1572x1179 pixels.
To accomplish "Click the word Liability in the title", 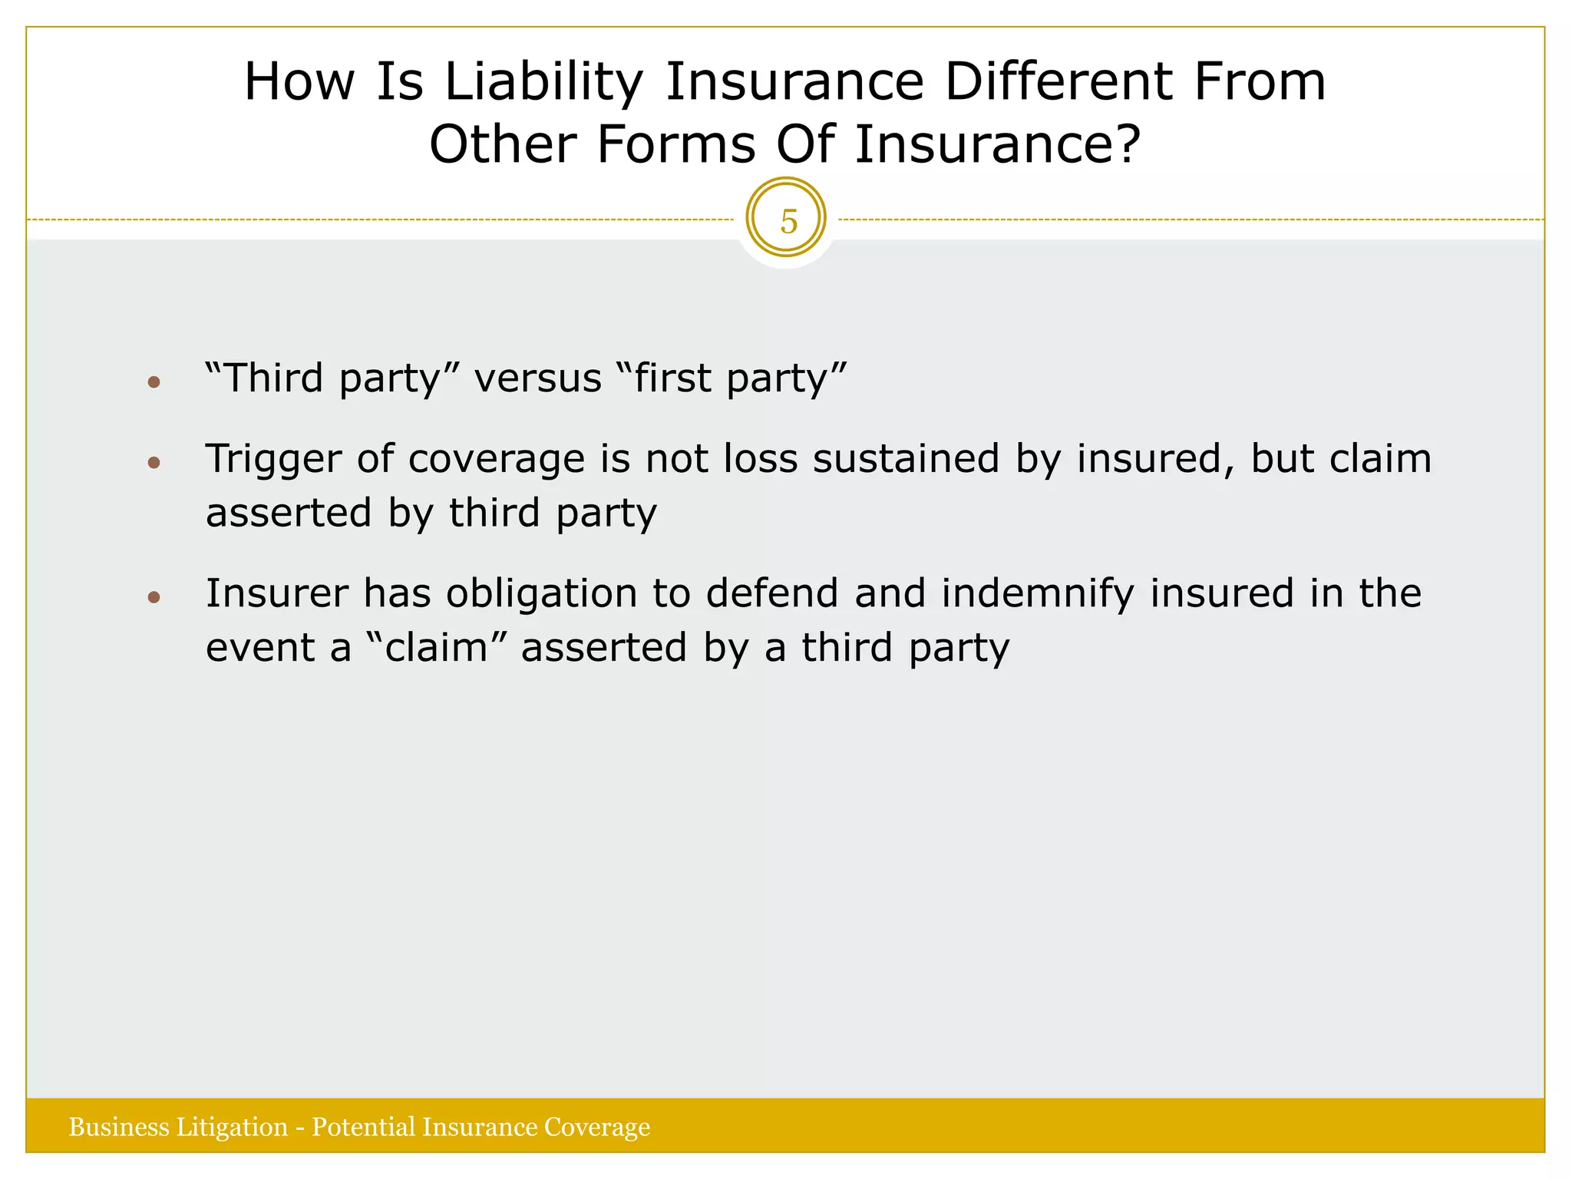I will coord(543,81).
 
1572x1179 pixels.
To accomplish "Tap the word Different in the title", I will coord(1059,81).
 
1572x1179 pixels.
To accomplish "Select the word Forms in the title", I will coord(676,144).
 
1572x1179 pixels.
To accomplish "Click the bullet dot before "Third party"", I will coord(154,381).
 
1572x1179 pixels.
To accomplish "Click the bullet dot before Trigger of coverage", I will coord(154,462).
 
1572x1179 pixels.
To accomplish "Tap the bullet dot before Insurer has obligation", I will coord(154,597).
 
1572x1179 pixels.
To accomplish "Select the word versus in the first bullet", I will coord(537,378).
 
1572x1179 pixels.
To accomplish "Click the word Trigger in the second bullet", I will coord(272,459).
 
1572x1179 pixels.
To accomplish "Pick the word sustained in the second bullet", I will coord(906,459).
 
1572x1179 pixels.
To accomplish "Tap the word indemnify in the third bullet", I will coord(1038,593).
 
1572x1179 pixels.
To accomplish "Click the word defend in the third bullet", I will coord(771,593).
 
